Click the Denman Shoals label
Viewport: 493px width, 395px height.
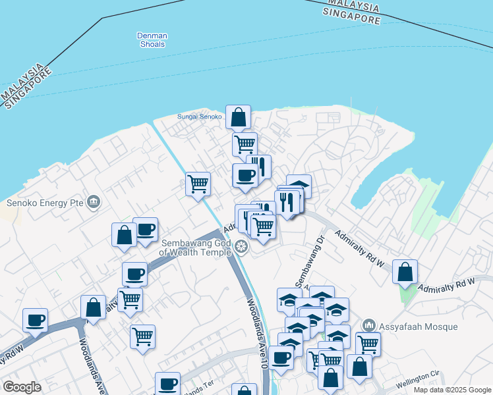(x=153, y=40)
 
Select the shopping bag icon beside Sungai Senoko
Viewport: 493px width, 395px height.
(x=238, y=118)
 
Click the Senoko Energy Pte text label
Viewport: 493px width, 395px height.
(x=45, y=202)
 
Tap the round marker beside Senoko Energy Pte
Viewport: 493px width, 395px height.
(x=93, y=201)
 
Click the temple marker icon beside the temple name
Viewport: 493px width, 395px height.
(x=241, y=248)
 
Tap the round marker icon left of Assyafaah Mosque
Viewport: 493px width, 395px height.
(x=369, y=326)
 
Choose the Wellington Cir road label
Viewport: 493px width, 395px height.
(x=417, y=379)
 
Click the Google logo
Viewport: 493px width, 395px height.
(x=22, y=386)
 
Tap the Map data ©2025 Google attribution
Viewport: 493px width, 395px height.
(x=452, y=390)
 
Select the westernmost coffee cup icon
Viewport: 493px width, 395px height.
(x=36, y=320)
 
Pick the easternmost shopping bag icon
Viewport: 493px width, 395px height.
(x=405, y=271)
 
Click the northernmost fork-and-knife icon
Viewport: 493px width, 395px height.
(x=259, y=167)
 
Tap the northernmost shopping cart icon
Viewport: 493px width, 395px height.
(x=245, y=144)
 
